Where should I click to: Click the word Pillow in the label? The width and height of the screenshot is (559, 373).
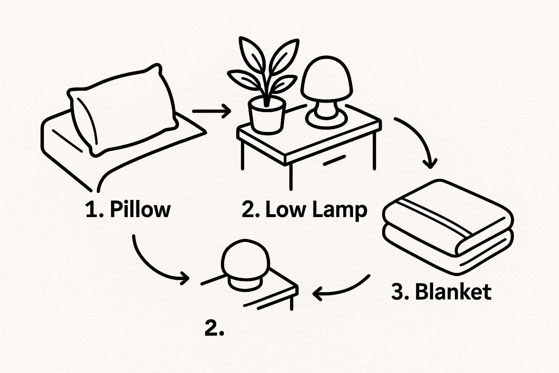(140, 210)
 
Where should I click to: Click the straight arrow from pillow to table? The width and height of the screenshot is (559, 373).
(211, 111)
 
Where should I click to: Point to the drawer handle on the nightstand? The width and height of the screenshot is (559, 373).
(334, 160)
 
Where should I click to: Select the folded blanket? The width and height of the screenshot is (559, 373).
(448, 227)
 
